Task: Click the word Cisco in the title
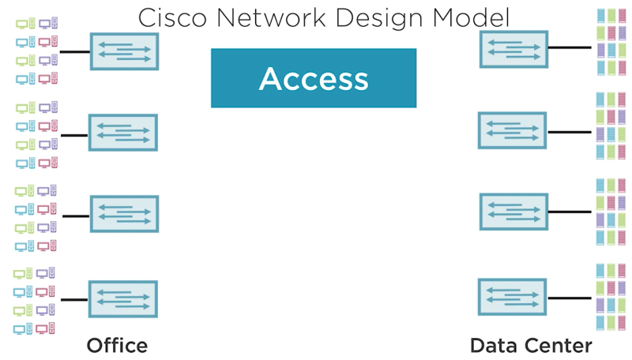coord(167,17)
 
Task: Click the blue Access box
coord(314,78)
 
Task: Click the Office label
coord(117,345)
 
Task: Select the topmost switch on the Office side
coord(124,51)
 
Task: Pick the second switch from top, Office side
coord(122,133)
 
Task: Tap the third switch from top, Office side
coord(124,214)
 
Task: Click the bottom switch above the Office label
coord(122,299)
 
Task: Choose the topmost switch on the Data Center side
coord(513,48)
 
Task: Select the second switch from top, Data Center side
coord(512,130)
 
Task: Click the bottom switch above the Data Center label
coord(512,296)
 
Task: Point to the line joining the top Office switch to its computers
coord(75,52)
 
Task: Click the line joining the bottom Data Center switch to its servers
coord(570,297)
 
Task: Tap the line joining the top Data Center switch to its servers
coord(570,48)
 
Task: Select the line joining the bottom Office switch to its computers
coord(74,300)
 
